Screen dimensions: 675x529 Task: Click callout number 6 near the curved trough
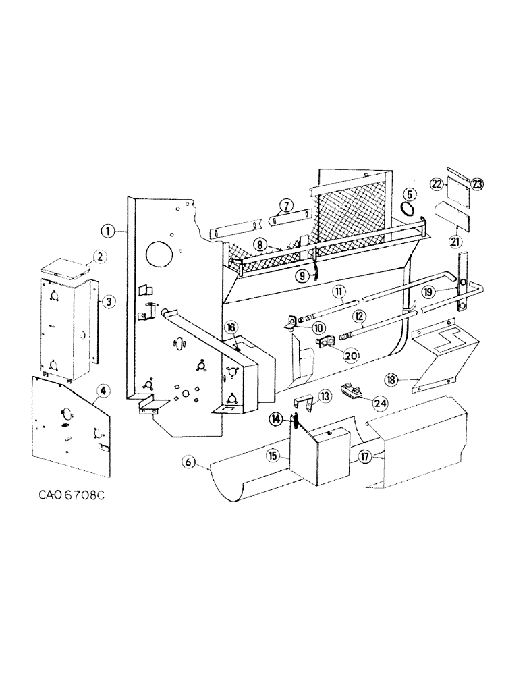[x=188, y=462]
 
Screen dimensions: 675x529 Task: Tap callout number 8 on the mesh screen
[x=258, y=246]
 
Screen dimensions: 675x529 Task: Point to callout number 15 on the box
[x=273, y=456]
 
